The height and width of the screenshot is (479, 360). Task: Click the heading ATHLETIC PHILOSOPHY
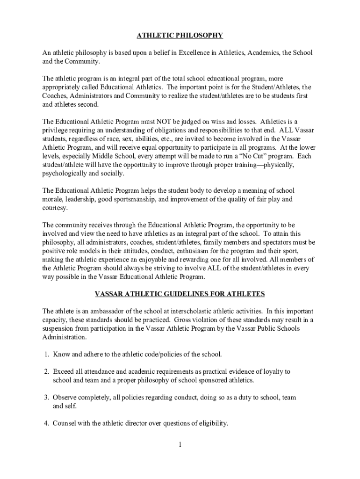click(x=180, y=35)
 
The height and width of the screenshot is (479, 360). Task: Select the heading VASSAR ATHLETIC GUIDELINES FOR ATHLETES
click(x=180, y=294)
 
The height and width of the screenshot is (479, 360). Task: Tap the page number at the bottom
click(x=180, y=444)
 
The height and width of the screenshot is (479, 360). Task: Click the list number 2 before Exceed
click(x=47, y=372)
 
